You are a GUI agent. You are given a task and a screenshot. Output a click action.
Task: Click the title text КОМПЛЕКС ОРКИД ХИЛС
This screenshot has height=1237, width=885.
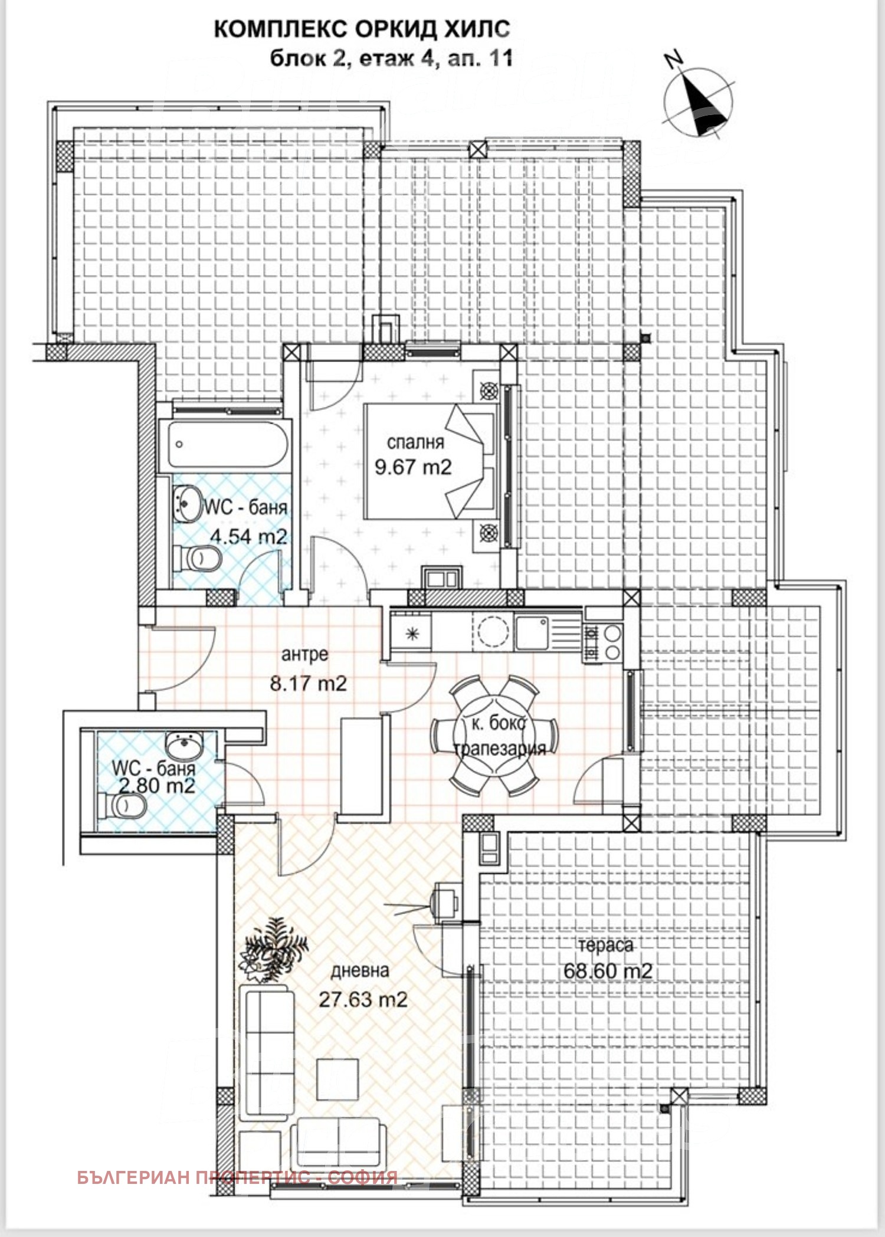pyautogui.click(x=362, y=29)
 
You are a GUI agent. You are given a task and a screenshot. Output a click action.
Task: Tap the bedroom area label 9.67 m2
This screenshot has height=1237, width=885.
pyautogui.click(x=413, y=467)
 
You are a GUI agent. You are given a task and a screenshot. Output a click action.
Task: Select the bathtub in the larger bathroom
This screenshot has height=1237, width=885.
pyautogui.click(x=231, y=444)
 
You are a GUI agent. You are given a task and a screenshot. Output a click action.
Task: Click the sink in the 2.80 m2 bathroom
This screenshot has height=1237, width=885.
pyautogui.click(x=185, y=746)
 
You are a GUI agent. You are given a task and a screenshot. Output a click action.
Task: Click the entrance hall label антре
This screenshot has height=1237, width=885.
pyautogui.click(x=304, y=655)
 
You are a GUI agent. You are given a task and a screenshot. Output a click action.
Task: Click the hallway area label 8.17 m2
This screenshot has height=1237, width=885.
pyautogui.click(x=308, y=684)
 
